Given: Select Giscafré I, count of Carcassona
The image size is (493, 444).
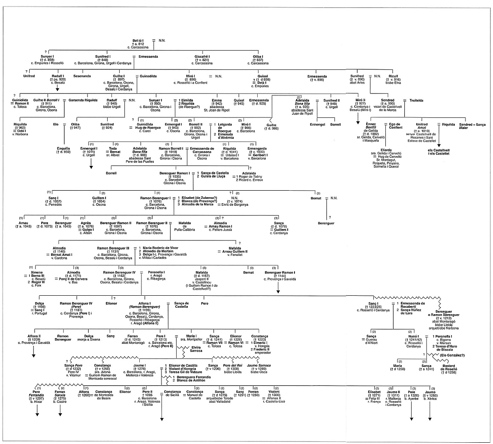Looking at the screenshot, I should (202, 56).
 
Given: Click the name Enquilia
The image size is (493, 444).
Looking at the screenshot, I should (64, 148).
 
